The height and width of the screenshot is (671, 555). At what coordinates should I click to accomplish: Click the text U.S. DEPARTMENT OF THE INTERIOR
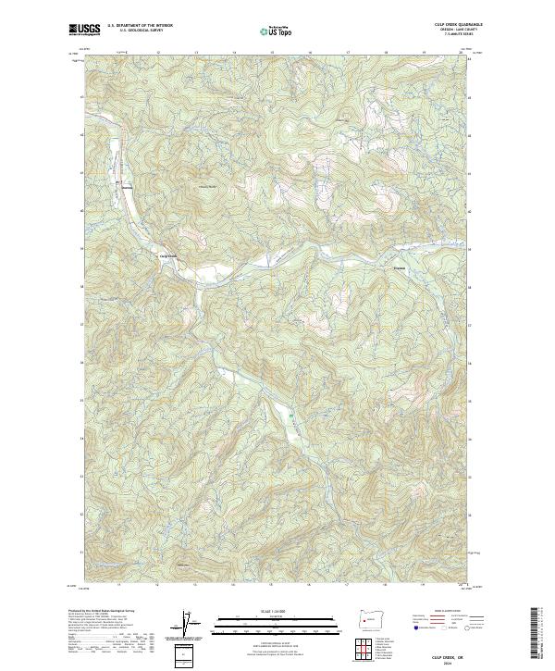[140, 26]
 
